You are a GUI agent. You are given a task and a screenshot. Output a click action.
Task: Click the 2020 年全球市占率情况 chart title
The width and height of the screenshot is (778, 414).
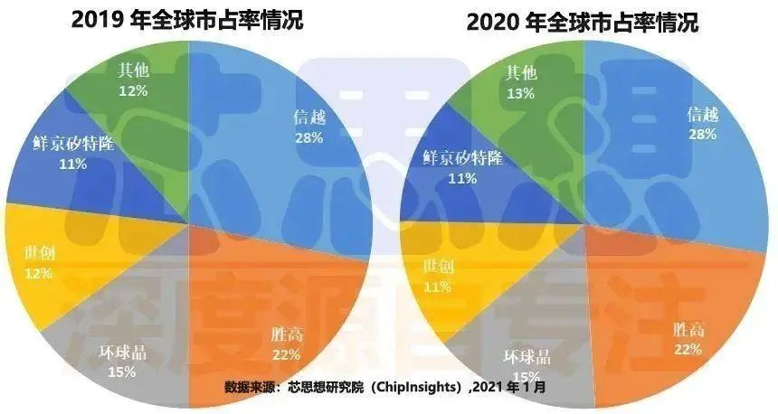tap(583, 22)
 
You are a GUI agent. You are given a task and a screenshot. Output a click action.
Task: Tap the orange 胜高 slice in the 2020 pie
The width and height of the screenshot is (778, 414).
tap(669, 316)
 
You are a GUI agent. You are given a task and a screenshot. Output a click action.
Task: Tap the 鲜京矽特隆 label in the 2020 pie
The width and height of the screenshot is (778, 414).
tap(464, 157)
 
